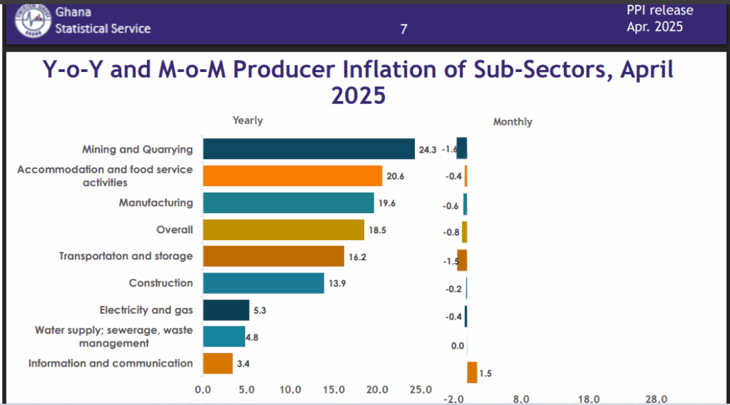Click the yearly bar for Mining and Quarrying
(x=309, y=149)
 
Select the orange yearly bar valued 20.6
(x=292, y=176)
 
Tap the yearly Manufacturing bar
(x=288, y=203)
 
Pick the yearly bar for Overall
(x=284, y=230)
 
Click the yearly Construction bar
(x=264, y=283)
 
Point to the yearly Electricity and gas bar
(x=226, y=310)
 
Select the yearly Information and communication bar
(x=218, y=364)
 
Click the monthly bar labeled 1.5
(x=472, y=372)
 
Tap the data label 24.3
(x=428, y=150)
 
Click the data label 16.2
(x=357, y=257)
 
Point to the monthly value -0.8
(x=451, y=232)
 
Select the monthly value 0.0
(x=458, y=346)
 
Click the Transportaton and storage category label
(x=125, y=256)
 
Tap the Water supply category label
(x=113, y=337)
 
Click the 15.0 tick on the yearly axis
(x=334, y=389)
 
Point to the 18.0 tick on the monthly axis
(x=588, y=399)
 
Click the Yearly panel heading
(x=247, y=121)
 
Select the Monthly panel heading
(x=513, y=122)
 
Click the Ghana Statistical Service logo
(x=33, y=21)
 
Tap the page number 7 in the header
(x=403, y=29)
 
